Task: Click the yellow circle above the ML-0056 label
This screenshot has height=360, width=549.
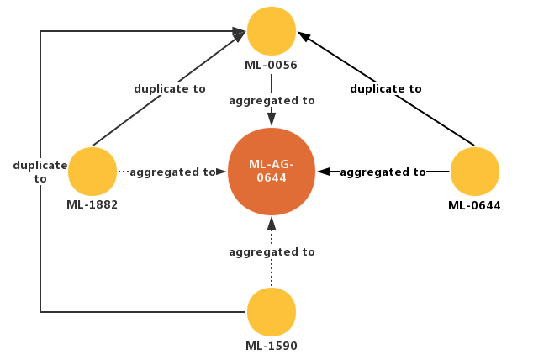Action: [272, 30]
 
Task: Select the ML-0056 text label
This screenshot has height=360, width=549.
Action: [272, 65]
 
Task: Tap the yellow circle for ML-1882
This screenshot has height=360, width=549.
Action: [92, 172]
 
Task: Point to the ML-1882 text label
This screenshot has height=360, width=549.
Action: [92, 205]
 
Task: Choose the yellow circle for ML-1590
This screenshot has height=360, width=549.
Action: [272, 311]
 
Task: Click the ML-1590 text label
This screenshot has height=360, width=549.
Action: [272, 346]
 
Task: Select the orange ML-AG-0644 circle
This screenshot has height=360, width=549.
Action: [272, 172]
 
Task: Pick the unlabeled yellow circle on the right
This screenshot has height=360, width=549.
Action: [475, 172]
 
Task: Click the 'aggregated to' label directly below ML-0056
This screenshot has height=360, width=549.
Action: [272, 100]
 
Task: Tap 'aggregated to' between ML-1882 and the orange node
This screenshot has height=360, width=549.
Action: [172, 172]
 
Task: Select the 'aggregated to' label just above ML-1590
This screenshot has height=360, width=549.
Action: [272, 251]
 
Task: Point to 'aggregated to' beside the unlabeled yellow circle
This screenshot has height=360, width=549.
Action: [383, 172]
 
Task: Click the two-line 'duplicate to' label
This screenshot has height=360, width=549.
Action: [40, 172]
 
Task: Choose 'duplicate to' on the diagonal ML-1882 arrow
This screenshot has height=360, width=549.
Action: [170, 88]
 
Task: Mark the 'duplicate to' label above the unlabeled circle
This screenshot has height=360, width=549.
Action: [386, 88]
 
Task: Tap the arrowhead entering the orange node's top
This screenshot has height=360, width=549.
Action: [272, 119]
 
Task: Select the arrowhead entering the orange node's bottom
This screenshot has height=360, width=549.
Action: [272, 224]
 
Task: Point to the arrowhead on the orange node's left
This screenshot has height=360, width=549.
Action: [222, 172]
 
